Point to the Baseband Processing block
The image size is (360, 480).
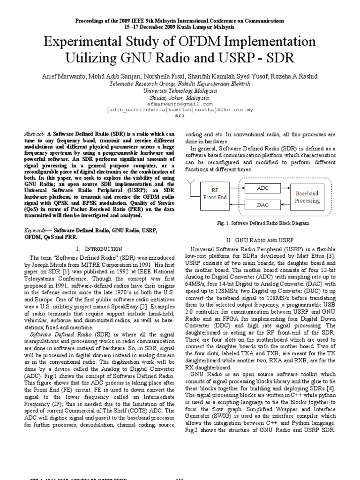pyautogui.click(x=307, y=197)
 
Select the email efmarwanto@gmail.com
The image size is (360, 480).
pyautogui.click(x=180, y=104)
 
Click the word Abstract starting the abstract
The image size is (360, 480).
pyautogui.click(x=33, y=134)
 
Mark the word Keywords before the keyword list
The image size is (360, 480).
pyautogui.click(x=35, y=231)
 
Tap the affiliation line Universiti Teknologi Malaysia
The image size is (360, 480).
pyautogui.click(x=180, y=90)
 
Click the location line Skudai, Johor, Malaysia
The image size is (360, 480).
pyautogui.click(x=180, y=97)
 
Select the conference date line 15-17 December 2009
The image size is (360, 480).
pyautogui.click(x=180, y=27)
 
